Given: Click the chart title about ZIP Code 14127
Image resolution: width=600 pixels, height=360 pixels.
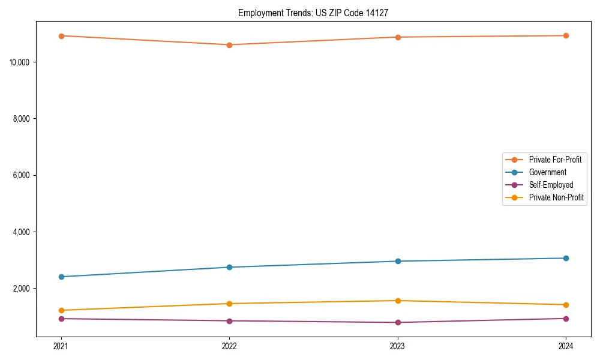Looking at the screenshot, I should tap(317, 13).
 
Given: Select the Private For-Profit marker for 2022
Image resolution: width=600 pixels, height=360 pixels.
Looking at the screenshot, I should tap(229, 45).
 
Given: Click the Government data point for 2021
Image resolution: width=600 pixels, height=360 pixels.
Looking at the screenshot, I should tap(61, 277).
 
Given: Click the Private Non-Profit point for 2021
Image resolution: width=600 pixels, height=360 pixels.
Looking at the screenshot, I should tap(61, 310).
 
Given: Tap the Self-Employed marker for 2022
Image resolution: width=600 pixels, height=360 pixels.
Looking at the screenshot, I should tap(229, 320).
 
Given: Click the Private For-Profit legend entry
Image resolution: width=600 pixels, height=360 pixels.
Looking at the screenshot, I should tap(554, 160).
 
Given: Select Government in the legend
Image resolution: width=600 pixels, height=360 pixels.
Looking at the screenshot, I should tap(547, 172).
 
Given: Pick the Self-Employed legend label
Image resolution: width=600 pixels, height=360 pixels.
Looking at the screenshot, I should tap(551, 185).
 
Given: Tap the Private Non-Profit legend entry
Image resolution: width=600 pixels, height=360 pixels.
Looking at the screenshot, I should tap(556, 197).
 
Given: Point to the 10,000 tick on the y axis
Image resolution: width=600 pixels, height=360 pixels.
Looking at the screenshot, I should tap(22, 62).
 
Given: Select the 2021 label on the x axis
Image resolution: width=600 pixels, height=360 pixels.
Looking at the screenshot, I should tap(61, 346).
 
